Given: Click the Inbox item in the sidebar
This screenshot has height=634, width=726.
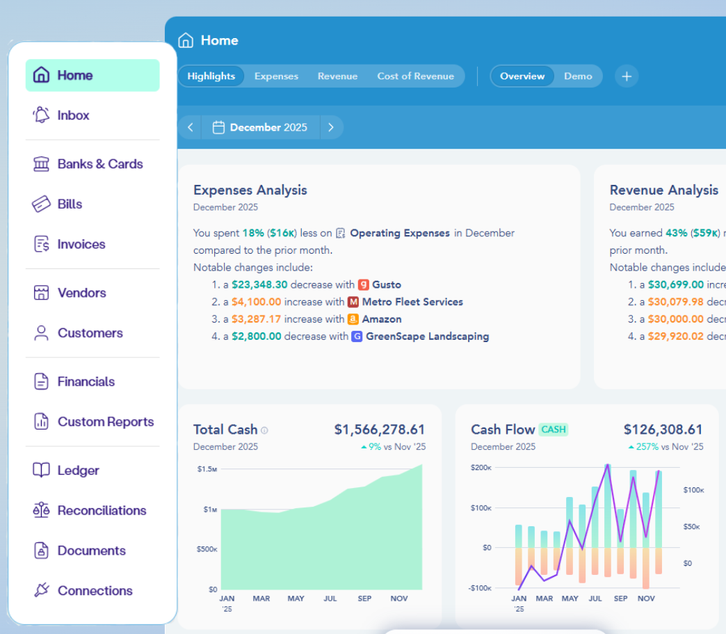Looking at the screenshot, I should point(73,115).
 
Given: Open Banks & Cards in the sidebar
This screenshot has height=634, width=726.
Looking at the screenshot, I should point(99,164).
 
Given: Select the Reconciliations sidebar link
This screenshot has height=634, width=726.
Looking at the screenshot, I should point(102,510).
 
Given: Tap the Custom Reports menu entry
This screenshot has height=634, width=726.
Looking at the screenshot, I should point(105,422).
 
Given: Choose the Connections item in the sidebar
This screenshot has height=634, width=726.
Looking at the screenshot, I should point(95,591).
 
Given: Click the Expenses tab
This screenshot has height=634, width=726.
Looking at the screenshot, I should point(276,76).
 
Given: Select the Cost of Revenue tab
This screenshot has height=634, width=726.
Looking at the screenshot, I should point(415,76).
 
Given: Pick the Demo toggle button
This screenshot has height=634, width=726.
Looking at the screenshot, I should point(578,76).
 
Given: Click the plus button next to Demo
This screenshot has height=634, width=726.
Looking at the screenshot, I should point(627,76).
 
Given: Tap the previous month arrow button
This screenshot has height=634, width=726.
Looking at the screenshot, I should point(190,127).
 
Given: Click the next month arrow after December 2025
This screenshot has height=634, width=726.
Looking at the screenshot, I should point(331,127).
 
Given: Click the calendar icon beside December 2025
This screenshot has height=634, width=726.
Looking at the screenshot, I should point(218,127).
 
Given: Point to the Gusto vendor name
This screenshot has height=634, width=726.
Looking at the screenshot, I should point(387,284).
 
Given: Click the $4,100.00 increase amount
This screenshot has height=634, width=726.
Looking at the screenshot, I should point(256,302).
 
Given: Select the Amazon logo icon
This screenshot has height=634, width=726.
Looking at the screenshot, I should point(353,319).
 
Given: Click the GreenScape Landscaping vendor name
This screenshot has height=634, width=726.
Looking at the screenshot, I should point(427,336).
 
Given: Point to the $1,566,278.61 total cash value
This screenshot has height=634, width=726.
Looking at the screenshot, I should point(379,430).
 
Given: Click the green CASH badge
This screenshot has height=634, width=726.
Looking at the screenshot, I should point(554,430).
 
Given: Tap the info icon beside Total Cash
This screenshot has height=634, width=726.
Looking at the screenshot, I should point(264,430).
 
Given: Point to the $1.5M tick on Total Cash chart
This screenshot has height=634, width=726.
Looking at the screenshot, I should point(207,469).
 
